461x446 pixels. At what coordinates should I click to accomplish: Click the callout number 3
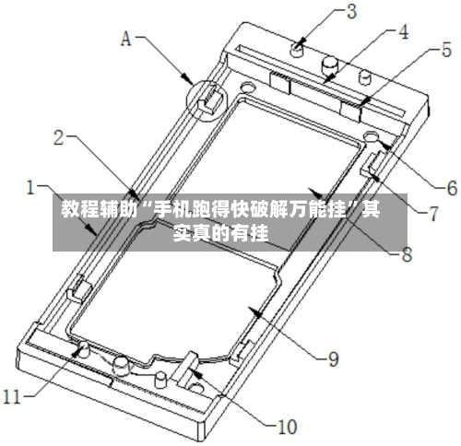coord(351,12)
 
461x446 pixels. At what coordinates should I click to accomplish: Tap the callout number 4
coord(403,32)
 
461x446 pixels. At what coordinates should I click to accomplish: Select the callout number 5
coord(446,50)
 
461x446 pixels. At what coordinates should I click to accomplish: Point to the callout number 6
coord(452,188)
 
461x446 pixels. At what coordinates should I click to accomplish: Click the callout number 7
coord(433,214)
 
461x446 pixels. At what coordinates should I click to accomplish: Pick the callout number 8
coord(407,254)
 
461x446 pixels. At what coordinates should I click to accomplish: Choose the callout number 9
coord(333,358)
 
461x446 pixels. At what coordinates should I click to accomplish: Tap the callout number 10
coord(287,427)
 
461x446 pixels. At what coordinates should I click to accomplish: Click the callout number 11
coord(11,396)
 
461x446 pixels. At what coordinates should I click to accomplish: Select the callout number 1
coord(30,187)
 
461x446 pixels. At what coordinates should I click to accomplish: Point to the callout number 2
coord(59,138)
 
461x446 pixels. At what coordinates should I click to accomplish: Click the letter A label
coord(125,39)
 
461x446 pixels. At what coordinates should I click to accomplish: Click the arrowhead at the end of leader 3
coord(301,41)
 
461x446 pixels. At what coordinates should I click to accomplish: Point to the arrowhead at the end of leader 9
coord(256,312)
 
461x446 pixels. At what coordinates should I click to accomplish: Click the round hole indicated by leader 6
coord(372,135)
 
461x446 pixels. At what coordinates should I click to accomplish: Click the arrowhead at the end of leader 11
coord(77,350)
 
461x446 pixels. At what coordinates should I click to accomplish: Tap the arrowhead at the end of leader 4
coord(330,77)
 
